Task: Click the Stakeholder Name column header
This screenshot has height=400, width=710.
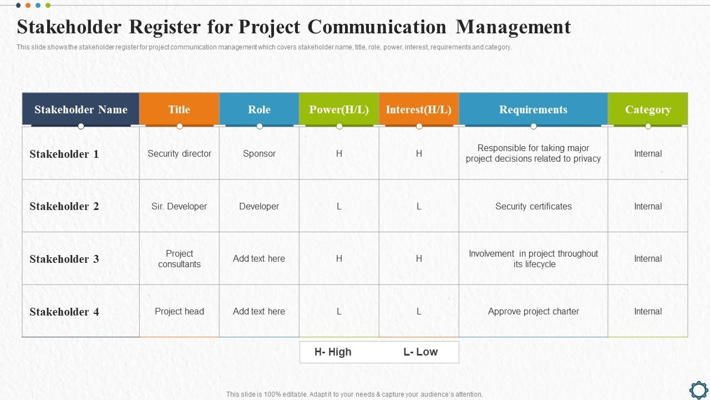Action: [x=81, y=109]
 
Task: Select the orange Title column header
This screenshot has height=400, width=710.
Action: [x=179, y=109]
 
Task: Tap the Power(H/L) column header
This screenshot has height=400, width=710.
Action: [x=339, y=109]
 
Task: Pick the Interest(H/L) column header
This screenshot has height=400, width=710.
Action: [x=419, y=109]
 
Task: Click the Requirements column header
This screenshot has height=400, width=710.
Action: [x=533, y=109]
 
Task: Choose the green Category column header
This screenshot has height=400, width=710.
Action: [x=648, y=109]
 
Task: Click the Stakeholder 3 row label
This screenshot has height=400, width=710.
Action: [x=64, y=259]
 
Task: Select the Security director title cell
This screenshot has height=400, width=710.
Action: [x=179, y=153]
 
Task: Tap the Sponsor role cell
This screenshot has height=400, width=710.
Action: [x=259, y=153]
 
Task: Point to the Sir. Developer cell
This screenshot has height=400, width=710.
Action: [x=179, y=206]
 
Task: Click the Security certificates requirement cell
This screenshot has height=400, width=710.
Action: [x=533, y=206]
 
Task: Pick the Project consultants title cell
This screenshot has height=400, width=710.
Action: [x=179, y=259]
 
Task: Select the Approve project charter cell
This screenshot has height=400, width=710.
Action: [x=533, y=311]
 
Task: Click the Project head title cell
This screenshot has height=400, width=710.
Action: [x=179, y=311]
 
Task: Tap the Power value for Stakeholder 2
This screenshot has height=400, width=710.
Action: [x=339, y=206]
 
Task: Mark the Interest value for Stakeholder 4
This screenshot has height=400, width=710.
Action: [x=419, y=311]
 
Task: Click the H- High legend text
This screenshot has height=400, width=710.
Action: [x=333, y=352]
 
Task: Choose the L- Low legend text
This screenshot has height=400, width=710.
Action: [x=420, y=352]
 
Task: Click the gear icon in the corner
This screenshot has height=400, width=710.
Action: [x=698, y=389]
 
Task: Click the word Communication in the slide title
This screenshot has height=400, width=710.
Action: [x=376, y=27]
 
